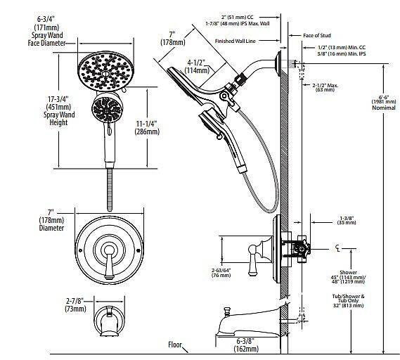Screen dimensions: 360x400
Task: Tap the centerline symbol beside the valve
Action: click(x=340, y=247)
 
